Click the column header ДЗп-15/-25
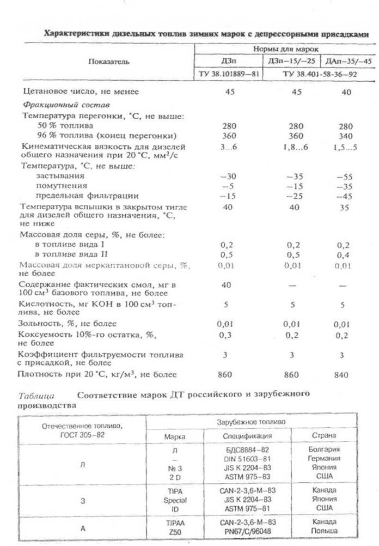(x=291, y=60)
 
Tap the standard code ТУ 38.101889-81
(x=229, y=72)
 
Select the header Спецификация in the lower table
(x=247, y=436)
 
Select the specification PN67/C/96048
(x=248, y=530)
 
